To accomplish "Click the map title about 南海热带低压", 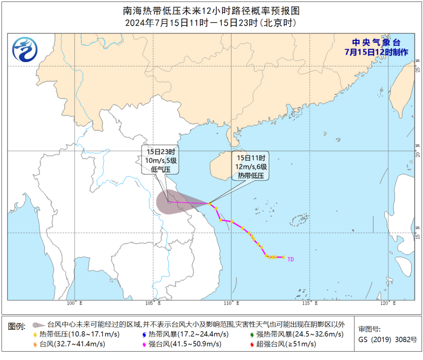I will pyautogui.click(x=211, y=10).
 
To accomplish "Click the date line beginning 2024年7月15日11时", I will pyautogui.click(x=211, y=23).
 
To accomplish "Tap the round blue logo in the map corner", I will pyautogui.click(x=25, y=50).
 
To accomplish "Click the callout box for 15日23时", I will pyautogui.click(x=160, y=159).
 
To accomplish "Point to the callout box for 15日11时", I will pyautogui.click(x=251, y=166).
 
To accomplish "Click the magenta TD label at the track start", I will pyautogui.click(x=291, y=259).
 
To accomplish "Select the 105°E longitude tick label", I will pyautogui.click(x=152, y=303).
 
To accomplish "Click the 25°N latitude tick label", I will pyautogui.click(x=417, y=66).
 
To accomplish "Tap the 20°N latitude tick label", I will pyautogui.click(x=417, y=150).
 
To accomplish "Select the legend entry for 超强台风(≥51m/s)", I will pyautogui.click(x=286, y=344).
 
